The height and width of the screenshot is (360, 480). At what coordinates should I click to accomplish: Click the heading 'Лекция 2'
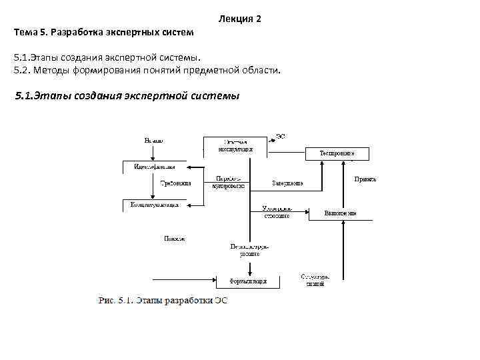(x=239, y=19)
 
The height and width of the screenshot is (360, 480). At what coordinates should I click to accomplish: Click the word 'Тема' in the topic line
(x=25, y=31)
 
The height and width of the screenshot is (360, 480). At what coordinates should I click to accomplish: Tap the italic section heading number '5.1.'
(x=25, y=95)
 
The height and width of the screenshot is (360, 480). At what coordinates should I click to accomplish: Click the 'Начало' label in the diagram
(x=153, y=141)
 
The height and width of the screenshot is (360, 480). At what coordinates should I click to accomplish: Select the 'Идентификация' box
(x=154, y=166)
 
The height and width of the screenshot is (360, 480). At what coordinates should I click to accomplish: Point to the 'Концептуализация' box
(x=154, y=205)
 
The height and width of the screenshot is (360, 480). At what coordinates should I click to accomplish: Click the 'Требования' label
(x=175, y=183)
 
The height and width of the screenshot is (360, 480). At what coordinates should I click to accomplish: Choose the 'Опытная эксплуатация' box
(x=235, y=146)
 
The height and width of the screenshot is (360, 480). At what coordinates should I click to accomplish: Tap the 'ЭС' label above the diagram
(x=281, y=136)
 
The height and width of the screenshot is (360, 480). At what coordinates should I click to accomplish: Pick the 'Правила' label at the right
(x=365, y=179)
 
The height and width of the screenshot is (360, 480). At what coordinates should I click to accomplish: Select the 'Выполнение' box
(x=340, y=213)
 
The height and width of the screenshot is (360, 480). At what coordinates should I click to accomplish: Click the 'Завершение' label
(x=287, y=183)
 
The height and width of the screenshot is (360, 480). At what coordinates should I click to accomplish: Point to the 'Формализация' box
(x=249, y=281)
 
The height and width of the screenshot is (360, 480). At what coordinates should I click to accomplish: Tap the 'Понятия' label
(x=174, y=238)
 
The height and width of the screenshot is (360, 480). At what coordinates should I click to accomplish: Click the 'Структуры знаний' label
(x=315, y=280)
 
